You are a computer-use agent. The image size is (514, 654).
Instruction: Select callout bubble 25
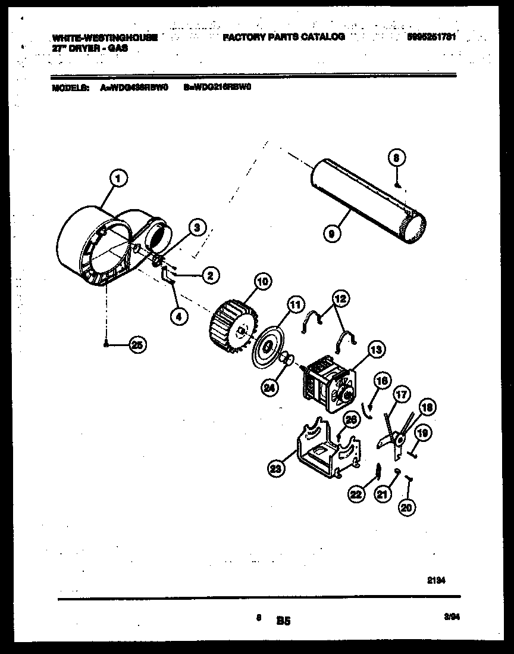137,345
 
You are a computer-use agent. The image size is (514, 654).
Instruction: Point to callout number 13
377,350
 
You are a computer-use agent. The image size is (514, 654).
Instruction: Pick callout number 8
397,158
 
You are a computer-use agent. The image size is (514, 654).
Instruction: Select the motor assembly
327,384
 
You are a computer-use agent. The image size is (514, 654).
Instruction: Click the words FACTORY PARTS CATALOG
284,37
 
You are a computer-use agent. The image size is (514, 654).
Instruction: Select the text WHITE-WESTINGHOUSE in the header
105,38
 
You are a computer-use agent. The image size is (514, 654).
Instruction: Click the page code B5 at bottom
283,621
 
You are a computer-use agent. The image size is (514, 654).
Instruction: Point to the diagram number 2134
436,580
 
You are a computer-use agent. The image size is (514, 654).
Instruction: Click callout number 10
262,281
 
